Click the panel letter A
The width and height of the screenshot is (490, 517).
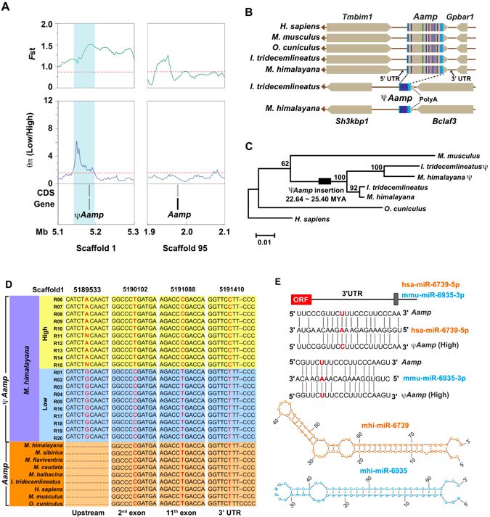point(8,9)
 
